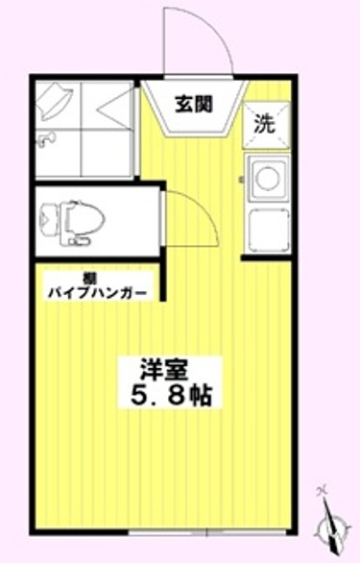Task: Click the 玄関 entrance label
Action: click(193, 102)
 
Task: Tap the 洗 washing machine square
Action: click(264, 122)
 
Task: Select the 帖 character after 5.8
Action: click(200, 394)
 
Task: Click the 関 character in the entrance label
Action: click(204, 102)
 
